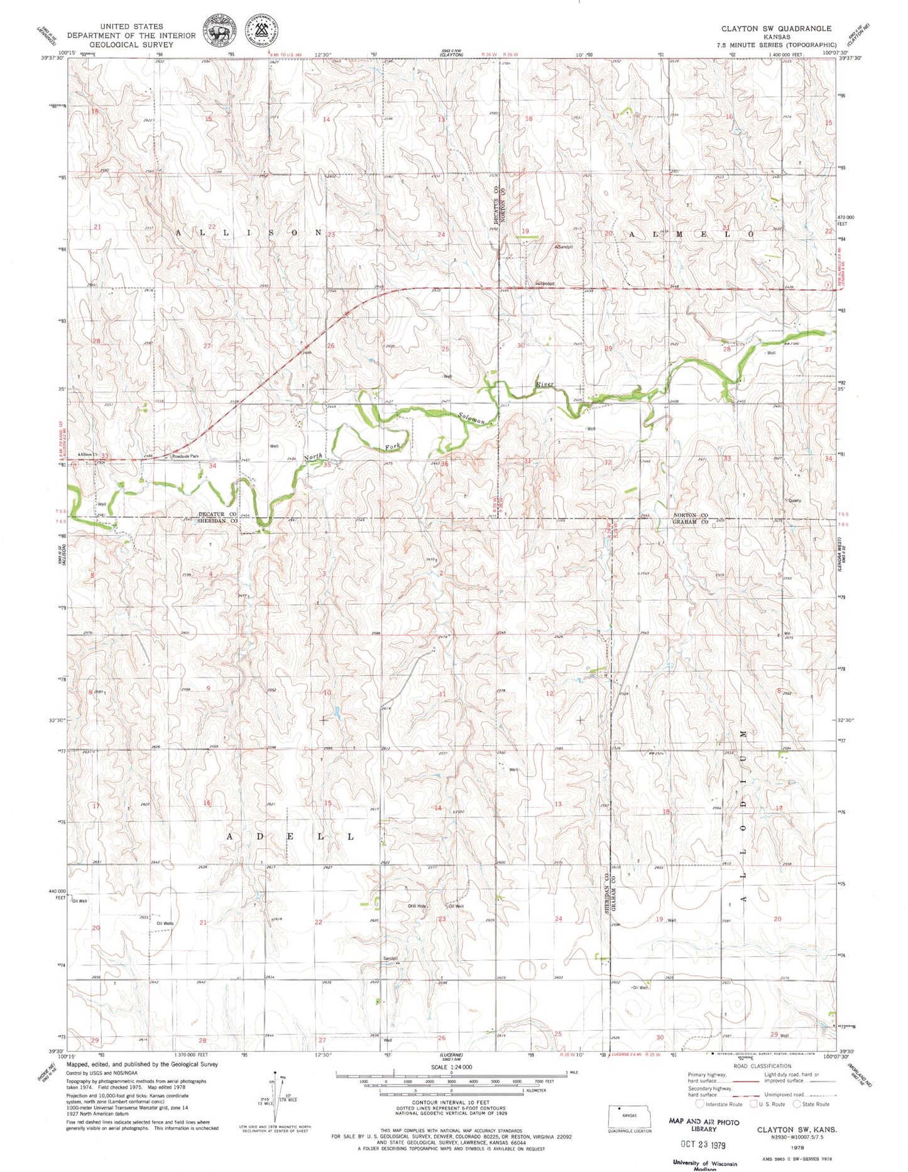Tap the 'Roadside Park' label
point(185,456)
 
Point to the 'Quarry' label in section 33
point(794,501)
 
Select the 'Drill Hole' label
point(417,906)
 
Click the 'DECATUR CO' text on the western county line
point(217,514)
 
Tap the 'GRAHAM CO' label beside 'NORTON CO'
point(691,522)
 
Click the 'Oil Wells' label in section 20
point(165,923)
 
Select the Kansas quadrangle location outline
point(629,1116)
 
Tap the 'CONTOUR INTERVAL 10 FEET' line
point(451,1102)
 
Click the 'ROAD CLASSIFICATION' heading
point(762,1066)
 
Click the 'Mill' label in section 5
point(786,633)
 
